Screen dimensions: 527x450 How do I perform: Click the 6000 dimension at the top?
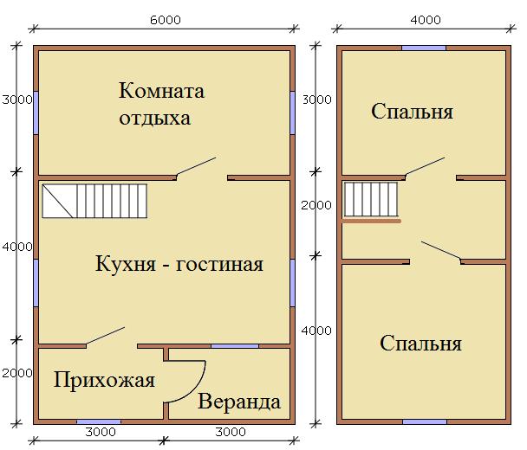[165, 20]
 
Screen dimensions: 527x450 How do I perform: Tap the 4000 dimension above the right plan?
[426, 20]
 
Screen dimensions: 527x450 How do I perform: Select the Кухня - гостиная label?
[179, 264]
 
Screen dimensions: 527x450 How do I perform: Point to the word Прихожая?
[104, 380]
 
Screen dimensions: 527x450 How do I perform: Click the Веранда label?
[239, 402]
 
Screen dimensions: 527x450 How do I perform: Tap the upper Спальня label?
[412, 111]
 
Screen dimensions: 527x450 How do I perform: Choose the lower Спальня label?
[420, 343]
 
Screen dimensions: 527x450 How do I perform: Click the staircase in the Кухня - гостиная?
[94, 201]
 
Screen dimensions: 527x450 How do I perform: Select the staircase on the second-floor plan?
[371, 199]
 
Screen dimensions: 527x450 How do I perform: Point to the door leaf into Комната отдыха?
[196, 166]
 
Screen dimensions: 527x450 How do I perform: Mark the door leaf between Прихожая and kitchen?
[106, 335]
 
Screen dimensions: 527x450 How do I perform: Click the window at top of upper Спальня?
[424, 48]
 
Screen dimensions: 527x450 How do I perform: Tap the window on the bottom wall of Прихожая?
[99, 421]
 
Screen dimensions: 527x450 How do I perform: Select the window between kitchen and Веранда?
[235, 346]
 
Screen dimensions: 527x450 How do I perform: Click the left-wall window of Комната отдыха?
[36, 112]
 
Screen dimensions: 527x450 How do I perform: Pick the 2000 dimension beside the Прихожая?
[16, 373]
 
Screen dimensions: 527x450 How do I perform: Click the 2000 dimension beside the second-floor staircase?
[316, 205]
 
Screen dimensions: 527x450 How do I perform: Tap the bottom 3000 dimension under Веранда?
[231, 432]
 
